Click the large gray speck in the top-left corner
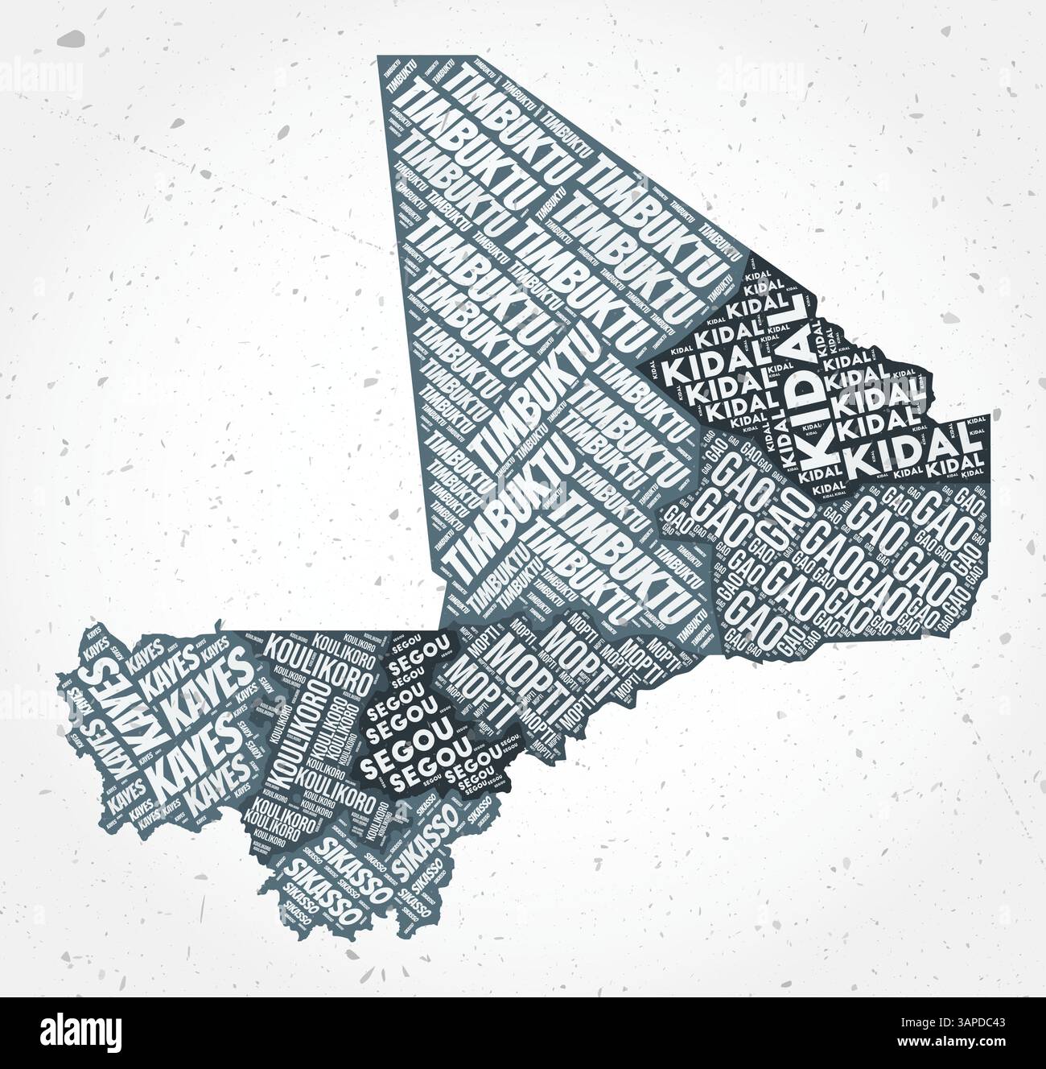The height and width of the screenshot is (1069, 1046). coord(74,38)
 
